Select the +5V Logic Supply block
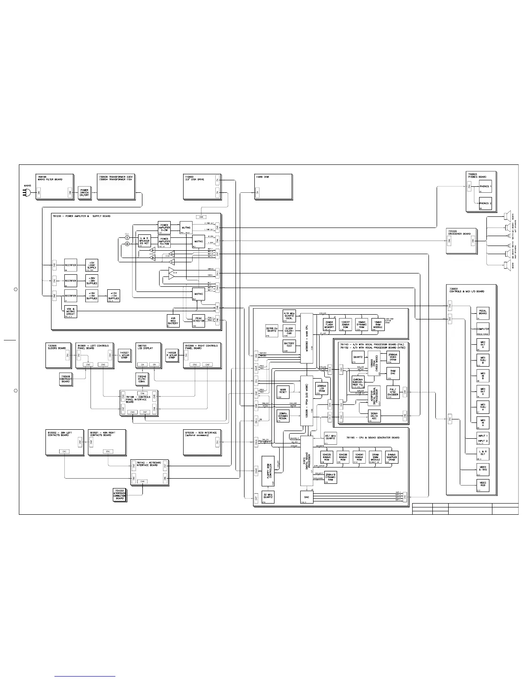tap(92, 265)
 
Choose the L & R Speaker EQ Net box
tap(144, 240)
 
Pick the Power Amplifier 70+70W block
tap(164, 242)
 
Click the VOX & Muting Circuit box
tap(71, 312)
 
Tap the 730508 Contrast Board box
tap(66, 379)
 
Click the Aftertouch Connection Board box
tap(120, 494)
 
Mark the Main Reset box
tap(283, 392)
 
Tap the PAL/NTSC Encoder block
tap(393, 392)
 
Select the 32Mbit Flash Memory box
tap(329, 325)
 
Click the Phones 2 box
tap(485, 204)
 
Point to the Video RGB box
tap(483, 485)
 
